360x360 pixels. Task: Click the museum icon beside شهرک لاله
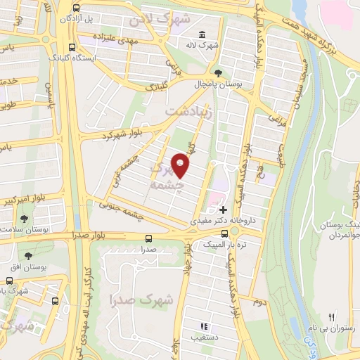pos(202,35)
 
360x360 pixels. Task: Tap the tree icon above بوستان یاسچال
pos(219,72)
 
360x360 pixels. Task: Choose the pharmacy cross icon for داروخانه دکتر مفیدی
pos(224,210)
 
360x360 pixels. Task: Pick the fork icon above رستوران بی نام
pos(332,318)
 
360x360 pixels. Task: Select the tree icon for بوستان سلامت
pos(25,219)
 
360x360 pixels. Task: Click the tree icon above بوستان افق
pos(28,256)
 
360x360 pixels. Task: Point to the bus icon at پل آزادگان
pos(76,6)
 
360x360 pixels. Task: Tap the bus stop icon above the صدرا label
pos(148,238)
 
